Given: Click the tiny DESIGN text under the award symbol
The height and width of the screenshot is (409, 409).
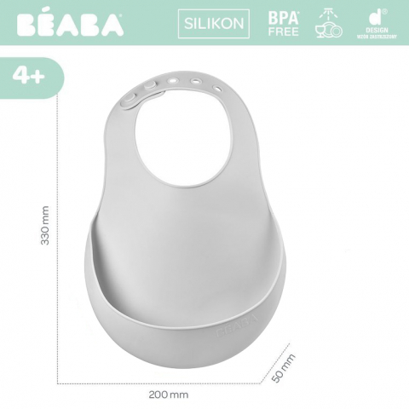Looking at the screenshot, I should click(373, 32).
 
